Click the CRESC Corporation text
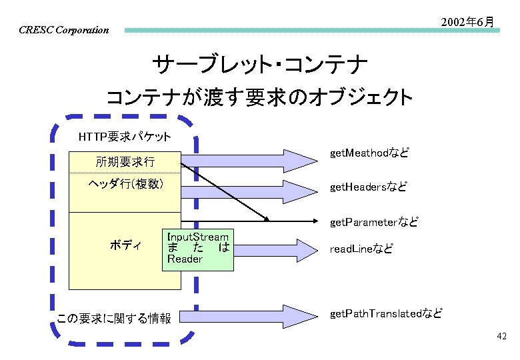63,30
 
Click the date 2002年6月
467,22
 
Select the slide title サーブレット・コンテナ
260,65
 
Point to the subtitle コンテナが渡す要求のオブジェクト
260,98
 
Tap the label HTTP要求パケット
125,137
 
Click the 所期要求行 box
125,162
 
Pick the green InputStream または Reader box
198,248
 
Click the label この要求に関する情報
114,318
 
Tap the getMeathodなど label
369,153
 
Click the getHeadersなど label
368,187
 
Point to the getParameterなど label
374,222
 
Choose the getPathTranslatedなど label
385,313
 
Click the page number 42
501,337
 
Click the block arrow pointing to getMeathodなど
253,160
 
